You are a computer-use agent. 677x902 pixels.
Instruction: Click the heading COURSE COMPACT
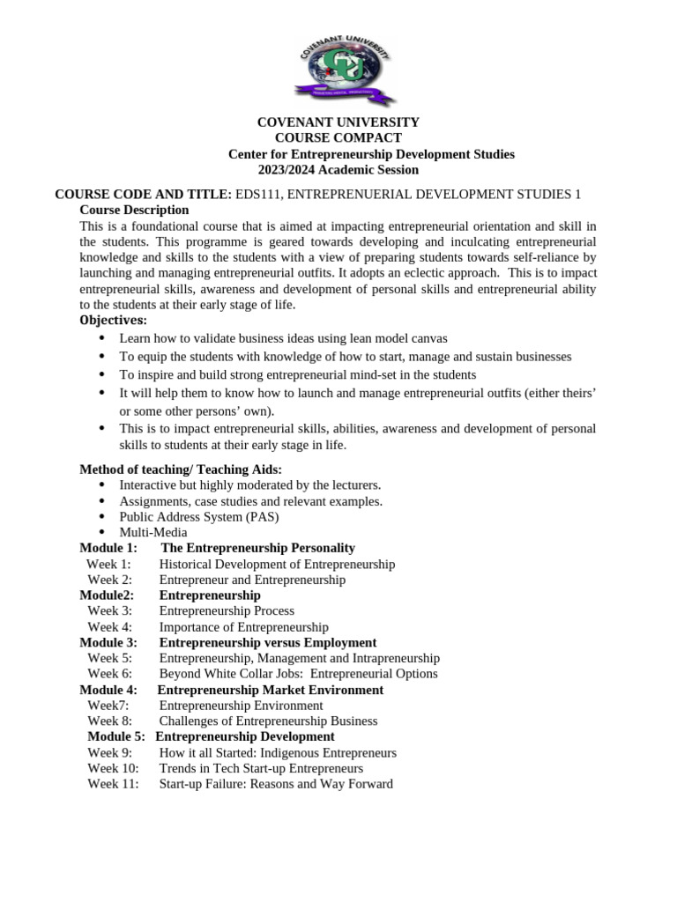(338, 138)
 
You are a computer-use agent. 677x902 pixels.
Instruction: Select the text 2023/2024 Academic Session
(338, 170)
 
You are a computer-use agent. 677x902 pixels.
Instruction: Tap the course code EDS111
(259, 195)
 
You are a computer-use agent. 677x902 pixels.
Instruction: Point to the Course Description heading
(134, 211)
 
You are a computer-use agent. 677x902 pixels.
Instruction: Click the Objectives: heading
(114, 321)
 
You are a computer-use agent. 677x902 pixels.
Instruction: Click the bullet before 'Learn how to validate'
(101, 338)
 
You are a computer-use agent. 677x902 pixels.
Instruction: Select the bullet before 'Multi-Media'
(101, 532)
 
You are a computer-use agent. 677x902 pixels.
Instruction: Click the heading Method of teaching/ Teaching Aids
(181, 470)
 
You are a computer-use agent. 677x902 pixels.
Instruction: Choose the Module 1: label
(108, 548)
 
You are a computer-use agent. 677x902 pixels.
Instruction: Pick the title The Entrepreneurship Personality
(258, 548)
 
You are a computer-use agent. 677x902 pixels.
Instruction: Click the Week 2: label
(109, 580)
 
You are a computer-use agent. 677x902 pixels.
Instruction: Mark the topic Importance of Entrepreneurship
(243, 627)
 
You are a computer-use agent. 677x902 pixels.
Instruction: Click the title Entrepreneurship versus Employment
(267, 643)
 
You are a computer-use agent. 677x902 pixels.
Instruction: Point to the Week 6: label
(109, 674)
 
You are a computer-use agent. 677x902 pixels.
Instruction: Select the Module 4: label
(108, 690)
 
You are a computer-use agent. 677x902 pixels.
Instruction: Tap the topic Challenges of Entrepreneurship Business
(268, 721)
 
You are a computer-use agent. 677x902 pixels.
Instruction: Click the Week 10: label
(113, 768)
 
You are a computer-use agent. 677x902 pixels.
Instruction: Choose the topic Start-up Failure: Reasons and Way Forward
(276, 784)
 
